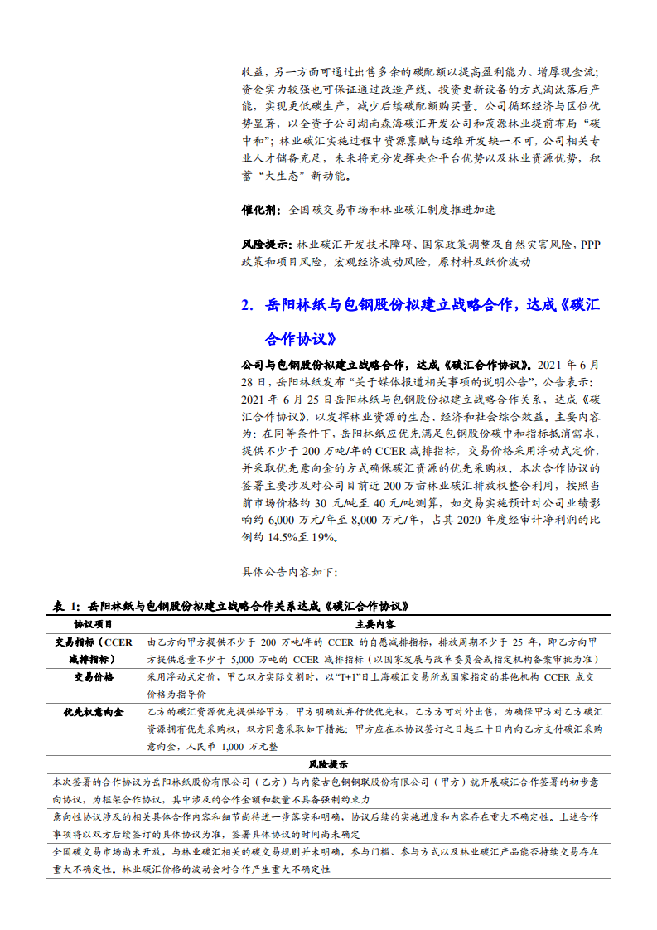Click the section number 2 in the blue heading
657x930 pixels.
(x=245, y=305)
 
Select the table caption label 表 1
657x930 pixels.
(x=65, y=607)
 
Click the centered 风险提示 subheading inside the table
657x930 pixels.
(x=329, y=764)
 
